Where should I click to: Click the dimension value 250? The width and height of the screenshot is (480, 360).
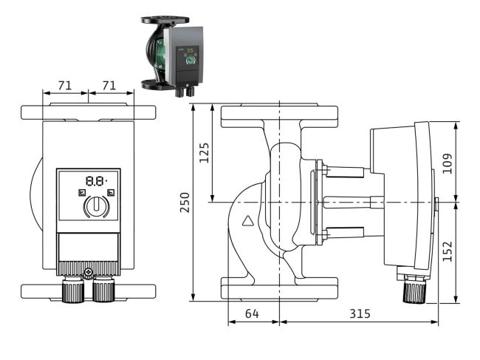(185, 203)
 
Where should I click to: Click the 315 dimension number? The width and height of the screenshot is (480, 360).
(359, 314)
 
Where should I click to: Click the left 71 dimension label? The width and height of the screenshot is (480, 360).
(64, 86)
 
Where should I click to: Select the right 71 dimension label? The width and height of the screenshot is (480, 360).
(109, 86)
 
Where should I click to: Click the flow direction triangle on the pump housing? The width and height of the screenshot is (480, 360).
(248, 220)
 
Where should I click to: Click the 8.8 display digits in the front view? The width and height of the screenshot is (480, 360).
(95, 180)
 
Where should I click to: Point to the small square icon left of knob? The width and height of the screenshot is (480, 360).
(81, 193)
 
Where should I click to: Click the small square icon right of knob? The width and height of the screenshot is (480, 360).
(110, 193)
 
